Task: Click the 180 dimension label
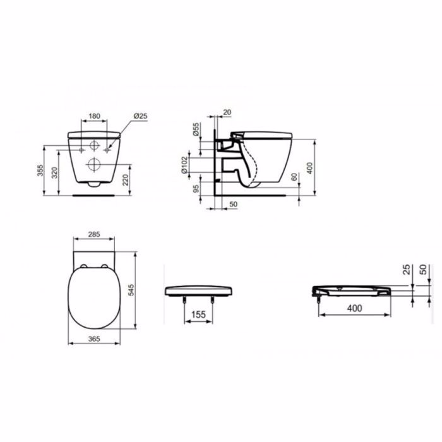click(x=94, y=116)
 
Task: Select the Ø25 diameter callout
click(x=140, y=116)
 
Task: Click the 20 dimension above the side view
click(x=227, y=112)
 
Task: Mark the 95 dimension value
click(x=196, y=189)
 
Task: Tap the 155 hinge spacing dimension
click(x=198, y=314)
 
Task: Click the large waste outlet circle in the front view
click(x=94, y=166)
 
